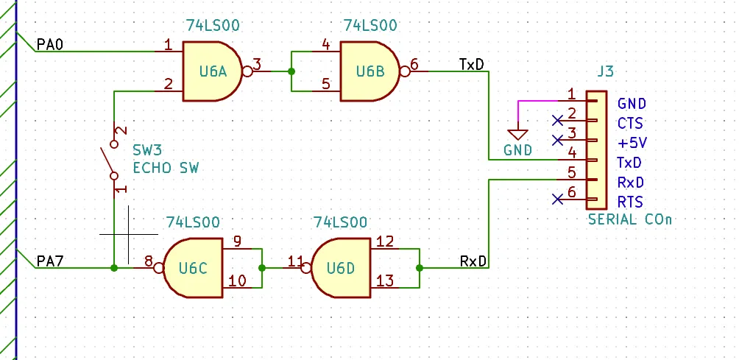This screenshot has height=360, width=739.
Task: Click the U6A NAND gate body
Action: pos(213,71)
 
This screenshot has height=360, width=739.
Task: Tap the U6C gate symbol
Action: pos(194,268)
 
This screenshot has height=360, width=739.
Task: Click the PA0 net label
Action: pos(50,45)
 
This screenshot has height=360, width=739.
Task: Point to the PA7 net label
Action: pos(50,261)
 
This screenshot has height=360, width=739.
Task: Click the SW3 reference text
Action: pos(147,151)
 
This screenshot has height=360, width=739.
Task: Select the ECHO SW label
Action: pos(166,168)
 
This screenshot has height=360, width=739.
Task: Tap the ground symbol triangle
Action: pos(517,134)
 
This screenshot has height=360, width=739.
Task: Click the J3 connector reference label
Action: pos(605,71)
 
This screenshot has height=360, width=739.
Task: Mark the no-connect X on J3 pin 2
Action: pos(557,121)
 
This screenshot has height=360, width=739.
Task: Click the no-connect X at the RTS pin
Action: pos(557,200)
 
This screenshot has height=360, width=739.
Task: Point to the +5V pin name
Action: pos(632,143)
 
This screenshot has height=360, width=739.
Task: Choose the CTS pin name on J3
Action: pos(630,124)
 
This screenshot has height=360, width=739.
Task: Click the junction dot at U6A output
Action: pos(291,71)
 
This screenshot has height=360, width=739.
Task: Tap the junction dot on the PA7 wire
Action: pos(114,268)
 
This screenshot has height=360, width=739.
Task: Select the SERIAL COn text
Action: pos(630,219)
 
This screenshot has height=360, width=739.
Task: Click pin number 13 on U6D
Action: pos(386,280)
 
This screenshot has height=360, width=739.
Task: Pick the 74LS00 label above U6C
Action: pos(193,222)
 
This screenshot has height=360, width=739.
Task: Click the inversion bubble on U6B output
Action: pos(405,71)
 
